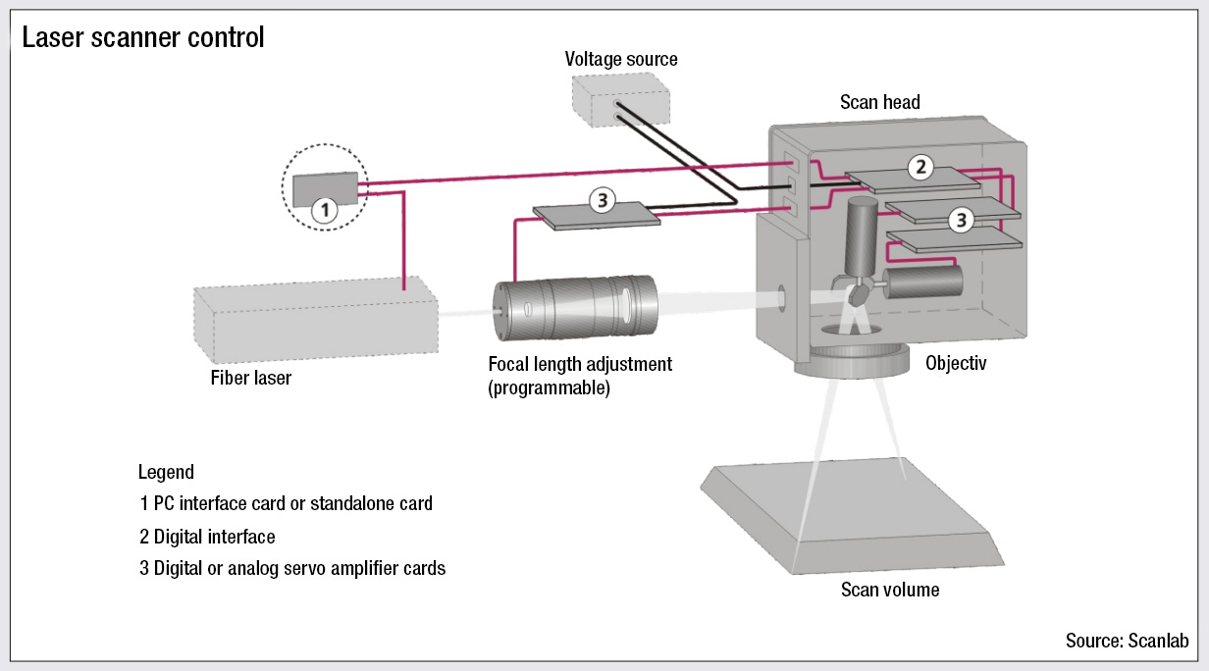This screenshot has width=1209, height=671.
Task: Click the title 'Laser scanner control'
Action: tap(143, 38)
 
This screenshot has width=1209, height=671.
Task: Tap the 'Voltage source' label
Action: tap(621, 59)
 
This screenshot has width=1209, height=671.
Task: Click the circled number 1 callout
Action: tap(324, 208)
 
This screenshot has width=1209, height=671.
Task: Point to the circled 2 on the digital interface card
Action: tap(920, 167)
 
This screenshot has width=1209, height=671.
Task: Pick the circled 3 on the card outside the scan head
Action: tap(602, 201)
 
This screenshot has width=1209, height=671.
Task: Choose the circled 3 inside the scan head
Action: tap(960, 221)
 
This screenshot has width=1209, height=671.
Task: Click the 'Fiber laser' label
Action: tap(251, 378)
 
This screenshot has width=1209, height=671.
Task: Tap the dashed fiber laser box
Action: tap(314, 320)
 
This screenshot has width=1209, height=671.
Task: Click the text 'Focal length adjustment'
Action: tap(580, 364)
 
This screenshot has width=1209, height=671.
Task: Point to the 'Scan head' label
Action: tap(880, 102)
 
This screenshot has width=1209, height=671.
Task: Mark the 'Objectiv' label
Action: tap(956, 364)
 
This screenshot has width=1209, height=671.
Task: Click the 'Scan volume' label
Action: tap(890, 590)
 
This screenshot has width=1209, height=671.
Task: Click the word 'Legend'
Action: tap(166, 472)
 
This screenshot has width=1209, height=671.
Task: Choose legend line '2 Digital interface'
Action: tap(207, 537)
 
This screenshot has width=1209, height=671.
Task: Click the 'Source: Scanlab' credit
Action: tap(1127, 641)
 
